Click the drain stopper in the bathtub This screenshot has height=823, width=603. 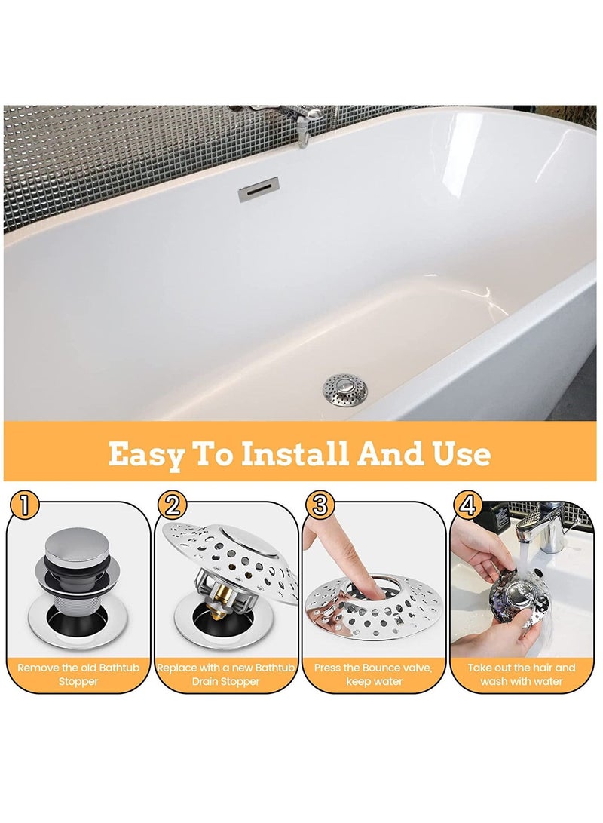(344, 388)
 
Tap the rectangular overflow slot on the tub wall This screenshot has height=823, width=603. (259, 190)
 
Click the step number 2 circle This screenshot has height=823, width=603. (173, 505)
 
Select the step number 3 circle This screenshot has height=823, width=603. (320, 505)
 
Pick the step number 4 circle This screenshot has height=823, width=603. (468, 505)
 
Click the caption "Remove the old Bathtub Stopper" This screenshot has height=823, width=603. (78, 674)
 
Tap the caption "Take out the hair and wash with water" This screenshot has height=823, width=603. (522, 674)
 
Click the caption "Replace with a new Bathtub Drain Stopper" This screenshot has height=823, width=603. (226, 674)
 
